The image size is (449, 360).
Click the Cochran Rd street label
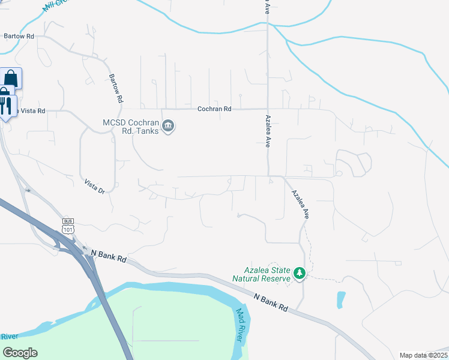point(214,109)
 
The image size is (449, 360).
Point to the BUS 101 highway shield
point(68,225)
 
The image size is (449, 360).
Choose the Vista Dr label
point(95,187)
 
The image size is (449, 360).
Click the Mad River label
point(240,325)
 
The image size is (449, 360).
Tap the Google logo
point(20,352)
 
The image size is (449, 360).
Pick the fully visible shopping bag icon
point(11,79)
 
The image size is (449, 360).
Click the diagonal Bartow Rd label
point(116,88)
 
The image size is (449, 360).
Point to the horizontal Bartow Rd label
point(18,36)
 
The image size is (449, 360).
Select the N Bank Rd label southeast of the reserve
point(271,302)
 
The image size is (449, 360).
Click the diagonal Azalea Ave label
point(300,204)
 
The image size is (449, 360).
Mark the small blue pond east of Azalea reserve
point(341,299)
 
